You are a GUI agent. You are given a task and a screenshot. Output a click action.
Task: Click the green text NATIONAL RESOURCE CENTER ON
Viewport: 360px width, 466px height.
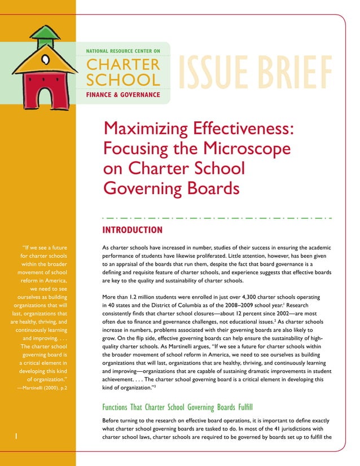pos(122,51)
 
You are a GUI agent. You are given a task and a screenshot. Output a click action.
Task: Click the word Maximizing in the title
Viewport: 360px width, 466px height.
pos(147,129)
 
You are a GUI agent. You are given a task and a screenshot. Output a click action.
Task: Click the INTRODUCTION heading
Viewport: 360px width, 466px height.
pos(132,230)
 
